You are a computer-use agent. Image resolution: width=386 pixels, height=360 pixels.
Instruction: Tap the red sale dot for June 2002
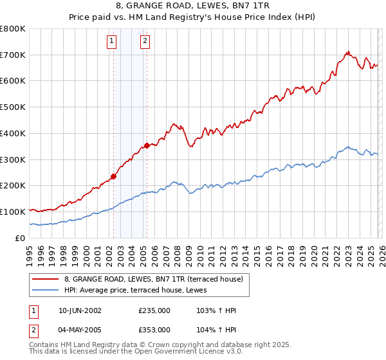[x=113, y=176]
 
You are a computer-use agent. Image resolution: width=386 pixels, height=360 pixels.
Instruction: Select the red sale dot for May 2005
[x=147, y=145]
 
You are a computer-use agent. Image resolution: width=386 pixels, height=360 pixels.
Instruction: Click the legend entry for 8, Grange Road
[x=153, y=279]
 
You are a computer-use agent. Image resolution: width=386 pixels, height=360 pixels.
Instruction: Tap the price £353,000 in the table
[x=154, y=329]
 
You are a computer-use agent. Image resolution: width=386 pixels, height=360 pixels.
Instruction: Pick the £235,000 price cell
[x=154, y=310]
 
